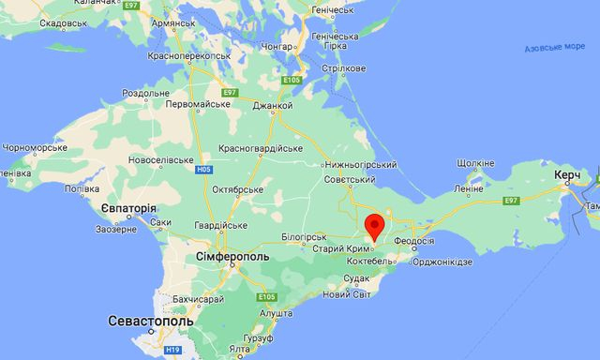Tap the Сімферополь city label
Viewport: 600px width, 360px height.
[232, 255]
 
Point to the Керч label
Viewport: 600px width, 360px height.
[566, 176]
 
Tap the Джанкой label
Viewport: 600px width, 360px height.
[272, 106]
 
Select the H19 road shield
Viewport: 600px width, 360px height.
[173, 349]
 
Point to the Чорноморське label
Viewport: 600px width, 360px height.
[36, 147]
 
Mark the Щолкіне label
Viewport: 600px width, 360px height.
[475, 163]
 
